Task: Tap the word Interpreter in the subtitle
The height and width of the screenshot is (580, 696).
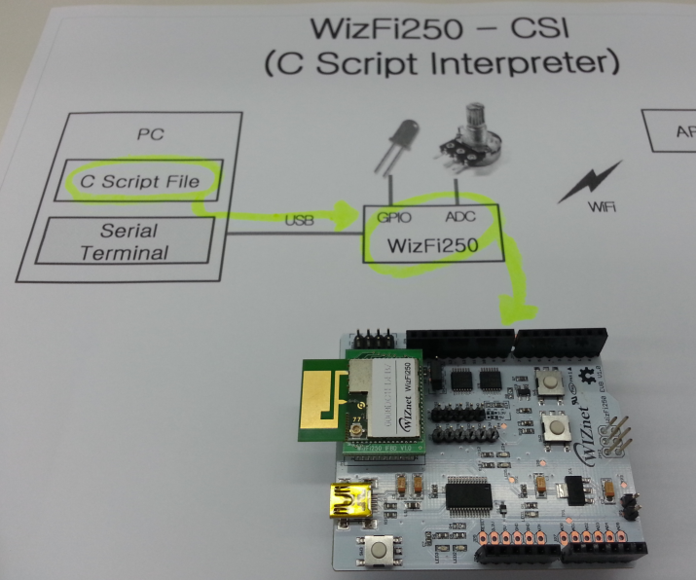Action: pos(532,65)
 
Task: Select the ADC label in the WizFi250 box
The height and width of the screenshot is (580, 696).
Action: pos(459,218)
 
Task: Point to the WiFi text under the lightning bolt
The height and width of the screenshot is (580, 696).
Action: pos(600,207)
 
